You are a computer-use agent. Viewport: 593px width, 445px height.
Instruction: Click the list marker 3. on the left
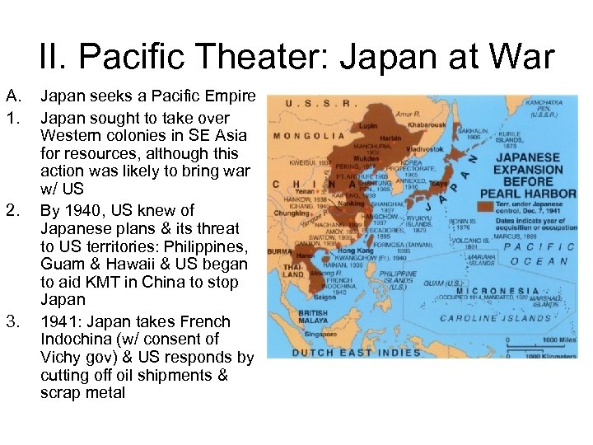(x=13, y=321)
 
